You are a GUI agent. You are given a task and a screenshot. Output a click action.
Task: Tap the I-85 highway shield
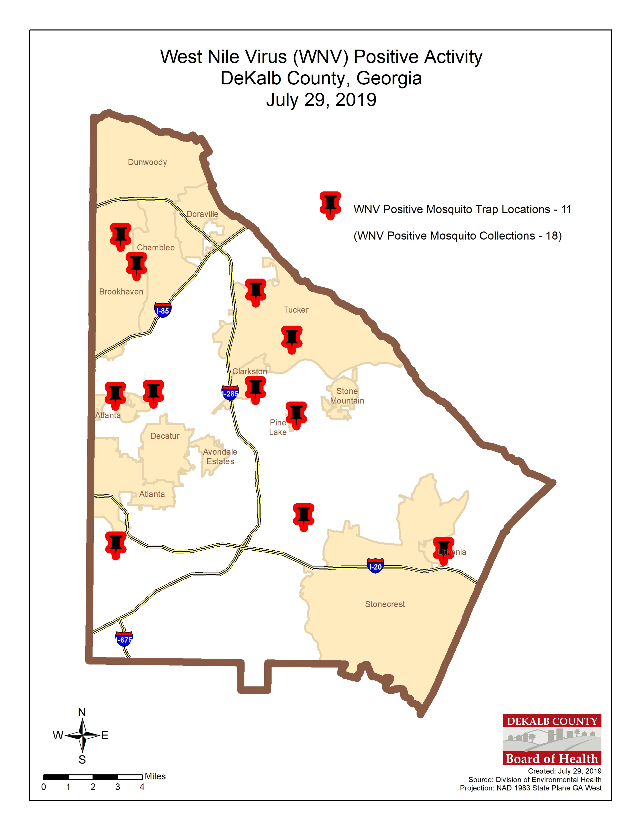(163, 311)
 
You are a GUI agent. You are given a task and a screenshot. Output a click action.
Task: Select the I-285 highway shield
(230, 394)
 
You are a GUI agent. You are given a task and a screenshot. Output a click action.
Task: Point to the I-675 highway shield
(124, 640)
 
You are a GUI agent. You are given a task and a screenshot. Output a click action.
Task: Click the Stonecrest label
(385, 604)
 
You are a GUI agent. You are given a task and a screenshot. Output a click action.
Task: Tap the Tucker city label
(296, 310)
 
